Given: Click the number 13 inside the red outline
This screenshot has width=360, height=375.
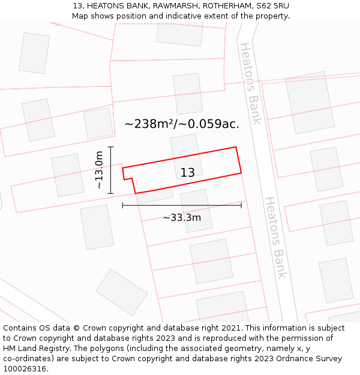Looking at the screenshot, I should point(188,173).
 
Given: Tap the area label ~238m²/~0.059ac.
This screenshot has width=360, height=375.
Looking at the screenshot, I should point(182,124).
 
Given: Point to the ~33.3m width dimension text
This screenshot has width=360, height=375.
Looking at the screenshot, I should point(182,218).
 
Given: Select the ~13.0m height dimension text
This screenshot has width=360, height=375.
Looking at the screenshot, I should point(99,170).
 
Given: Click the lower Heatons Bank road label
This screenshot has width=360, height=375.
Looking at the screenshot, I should point(276,238).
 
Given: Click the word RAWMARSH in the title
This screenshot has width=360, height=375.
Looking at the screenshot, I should point(175,5).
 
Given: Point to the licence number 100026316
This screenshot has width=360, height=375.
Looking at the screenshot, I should point(26,369).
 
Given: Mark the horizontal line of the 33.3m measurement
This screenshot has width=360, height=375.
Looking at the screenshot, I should point(182,205).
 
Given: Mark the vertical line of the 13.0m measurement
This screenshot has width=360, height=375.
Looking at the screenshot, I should point(111,170).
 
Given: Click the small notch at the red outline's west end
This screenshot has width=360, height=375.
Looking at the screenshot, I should point(128,179).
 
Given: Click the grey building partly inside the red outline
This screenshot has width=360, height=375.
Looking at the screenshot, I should point(185,155).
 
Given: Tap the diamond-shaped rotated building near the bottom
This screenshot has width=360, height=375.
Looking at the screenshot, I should point(121,292).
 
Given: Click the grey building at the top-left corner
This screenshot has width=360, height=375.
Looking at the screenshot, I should point(34,53).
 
